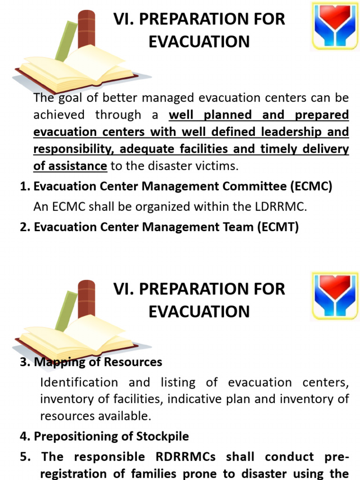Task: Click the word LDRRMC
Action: pos(277,207)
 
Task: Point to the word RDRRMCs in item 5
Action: pos(189,457)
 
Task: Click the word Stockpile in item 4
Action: pos(162,436)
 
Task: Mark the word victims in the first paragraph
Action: pos(216,166)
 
